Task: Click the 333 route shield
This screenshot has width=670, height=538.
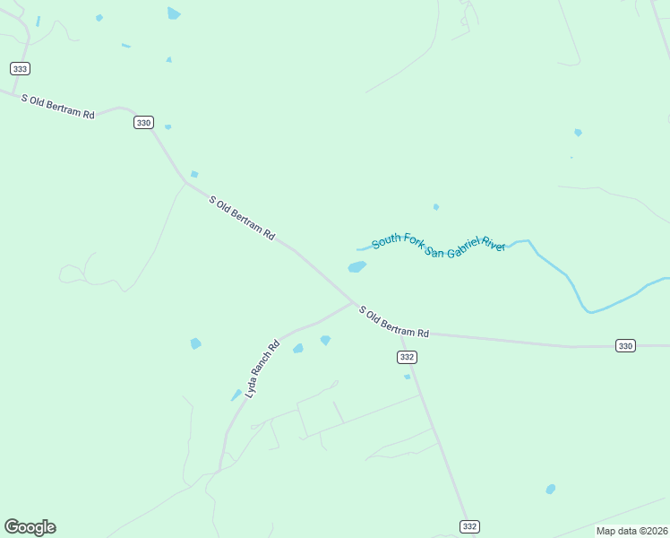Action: pos(21,68)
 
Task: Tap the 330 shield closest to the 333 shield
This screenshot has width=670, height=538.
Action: pos(143,123)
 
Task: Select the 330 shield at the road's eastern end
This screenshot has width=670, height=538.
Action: pos(625,345)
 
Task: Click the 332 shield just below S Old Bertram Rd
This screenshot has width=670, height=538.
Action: pos(407,357)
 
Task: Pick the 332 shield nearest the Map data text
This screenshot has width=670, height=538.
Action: pos(468,526)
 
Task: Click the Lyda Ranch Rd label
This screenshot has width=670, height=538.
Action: pos(262,369)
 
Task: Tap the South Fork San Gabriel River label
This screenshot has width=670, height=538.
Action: pos(439,243)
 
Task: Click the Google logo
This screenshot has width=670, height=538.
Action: pos(30,527)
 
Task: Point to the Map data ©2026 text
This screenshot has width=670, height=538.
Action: pos(631,531)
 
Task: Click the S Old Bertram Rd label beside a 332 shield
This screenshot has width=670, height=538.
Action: pos(394,321)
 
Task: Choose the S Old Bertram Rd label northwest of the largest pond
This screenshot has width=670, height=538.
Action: pos(242,217)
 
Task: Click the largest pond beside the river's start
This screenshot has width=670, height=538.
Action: pos(356,266)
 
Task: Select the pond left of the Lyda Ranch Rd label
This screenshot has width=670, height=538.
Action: pos(195,343)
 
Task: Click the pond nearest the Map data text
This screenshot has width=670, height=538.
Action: pos(551,489)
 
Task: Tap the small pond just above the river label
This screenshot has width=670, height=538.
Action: pos(436,207)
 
